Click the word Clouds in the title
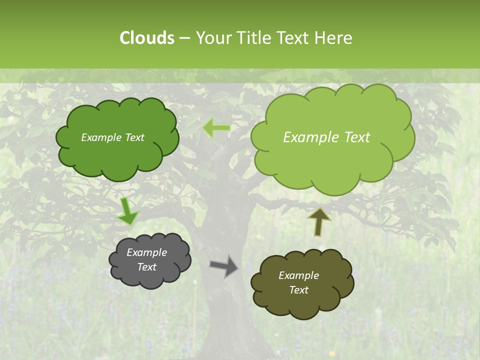coord(146,37)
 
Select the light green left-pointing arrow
coord(216,128)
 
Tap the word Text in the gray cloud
coord(147,267)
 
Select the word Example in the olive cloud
coord(298,275)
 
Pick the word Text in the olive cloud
coord(298,290)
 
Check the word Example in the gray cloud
coord(147,252)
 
